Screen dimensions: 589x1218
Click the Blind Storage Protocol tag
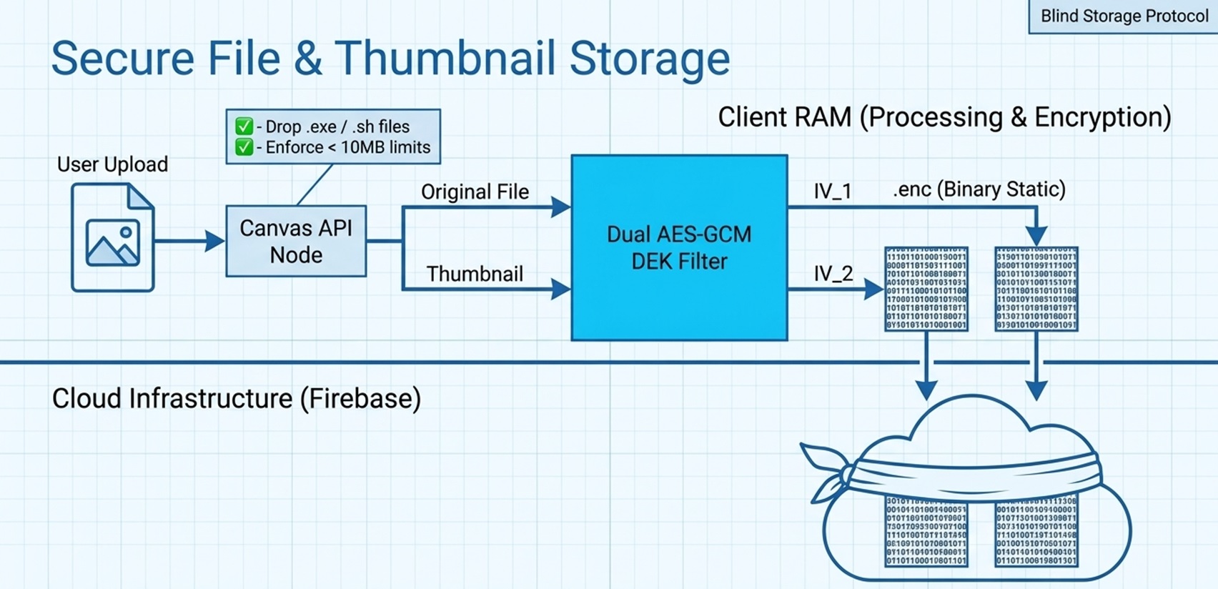point(1124,16)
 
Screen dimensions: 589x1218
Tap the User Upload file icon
point(113,237)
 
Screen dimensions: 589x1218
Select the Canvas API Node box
point(296,242)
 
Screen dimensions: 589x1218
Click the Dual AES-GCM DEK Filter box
point(679,247)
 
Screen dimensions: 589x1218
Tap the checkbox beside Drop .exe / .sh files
point(244,127)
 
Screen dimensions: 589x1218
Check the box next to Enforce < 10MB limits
point(244,147)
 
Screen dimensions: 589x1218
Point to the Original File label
point(475,192)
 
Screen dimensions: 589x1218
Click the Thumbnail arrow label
point(475,274)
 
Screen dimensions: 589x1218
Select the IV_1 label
point(833,191)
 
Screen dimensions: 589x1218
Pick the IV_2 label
point(833,274)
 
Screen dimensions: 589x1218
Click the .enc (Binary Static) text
point(979,189)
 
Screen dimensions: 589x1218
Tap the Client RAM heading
point(944,117)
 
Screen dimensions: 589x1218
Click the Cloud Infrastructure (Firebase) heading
point(237,398)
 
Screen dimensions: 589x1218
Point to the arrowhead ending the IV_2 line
point(874,289)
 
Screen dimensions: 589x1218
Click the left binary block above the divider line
point(926,289)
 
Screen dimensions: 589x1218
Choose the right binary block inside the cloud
point(1036,530)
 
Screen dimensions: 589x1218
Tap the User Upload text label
point(112,164)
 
